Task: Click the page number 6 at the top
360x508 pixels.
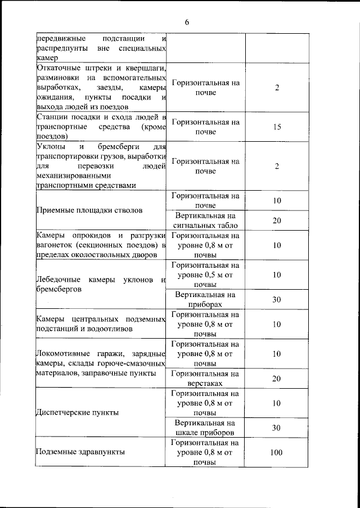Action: pos(187,22)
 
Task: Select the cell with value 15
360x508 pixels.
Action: pos(277,127)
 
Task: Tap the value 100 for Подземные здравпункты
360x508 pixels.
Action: pos(276,452)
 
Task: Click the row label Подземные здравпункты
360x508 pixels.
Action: pos(80,452)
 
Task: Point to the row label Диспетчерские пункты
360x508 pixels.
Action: pos(77,412)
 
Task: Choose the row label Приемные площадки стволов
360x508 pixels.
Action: pos(89,210)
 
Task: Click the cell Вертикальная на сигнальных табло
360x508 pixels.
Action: pos(205,220)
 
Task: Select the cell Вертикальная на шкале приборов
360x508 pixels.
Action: pos(205,428)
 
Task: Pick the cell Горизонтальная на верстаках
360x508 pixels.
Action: pos(205,378)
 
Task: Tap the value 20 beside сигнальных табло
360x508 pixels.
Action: pos(277,221)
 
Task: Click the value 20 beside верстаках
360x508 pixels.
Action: pos(277,379)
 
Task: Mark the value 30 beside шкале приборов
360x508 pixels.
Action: pos(277,428)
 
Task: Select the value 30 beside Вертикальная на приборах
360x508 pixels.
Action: pos(277,300)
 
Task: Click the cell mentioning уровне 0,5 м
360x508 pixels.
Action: pos(205,275)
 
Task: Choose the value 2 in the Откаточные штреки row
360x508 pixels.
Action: pos(277,88)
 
